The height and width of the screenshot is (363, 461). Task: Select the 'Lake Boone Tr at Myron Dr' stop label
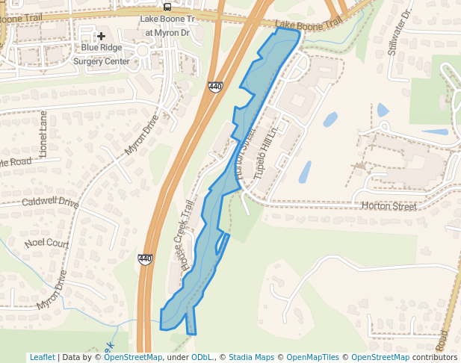tap(167, 26)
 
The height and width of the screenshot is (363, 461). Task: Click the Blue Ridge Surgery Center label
tap(101, 54)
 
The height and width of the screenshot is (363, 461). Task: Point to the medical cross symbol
tap(101, 36)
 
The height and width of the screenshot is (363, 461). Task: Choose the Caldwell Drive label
tap(50, 202)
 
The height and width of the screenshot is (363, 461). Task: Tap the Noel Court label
tap(46, 243)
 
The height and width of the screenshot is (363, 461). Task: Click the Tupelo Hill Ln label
tap(267, 148)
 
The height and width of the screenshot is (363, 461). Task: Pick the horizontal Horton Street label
tap(389, 206)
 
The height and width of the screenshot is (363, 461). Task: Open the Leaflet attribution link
tap(43, 357)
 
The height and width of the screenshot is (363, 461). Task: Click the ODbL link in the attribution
tap(202, 357)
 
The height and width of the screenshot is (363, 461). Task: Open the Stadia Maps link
tap(251, 357)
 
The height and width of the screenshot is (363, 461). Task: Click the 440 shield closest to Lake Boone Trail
tap(215, 87)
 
